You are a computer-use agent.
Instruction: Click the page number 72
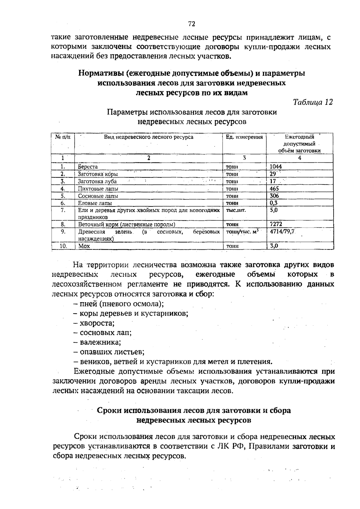click(x=192, y=24)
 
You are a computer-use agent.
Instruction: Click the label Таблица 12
click(x=313, y=102)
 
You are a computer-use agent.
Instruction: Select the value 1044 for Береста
click(x=276, y=167)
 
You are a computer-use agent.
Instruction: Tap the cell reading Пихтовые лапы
click(x=98, y=189)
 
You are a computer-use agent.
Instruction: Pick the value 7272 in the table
click(x=276, y=224)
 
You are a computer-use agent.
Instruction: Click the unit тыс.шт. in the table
click(x=236, y=210)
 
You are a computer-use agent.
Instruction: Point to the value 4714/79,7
click(x=283, y=232)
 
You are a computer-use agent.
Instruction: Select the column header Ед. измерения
click(x=244, y=137)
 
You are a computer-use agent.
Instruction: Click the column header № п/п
click(x=63, y=137)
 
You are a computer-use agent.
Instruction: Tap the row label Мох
click(x=84, y=246)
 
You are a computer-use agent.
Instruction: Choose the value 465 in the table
click(x=274, y=189)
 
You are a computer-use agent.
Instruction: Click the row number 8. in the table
click(x=63, y=224)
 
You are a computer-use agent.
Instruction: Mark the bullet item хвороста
click(x=97, y=323)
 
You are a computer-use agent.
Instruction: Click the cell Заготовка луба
click(x=97, y=182)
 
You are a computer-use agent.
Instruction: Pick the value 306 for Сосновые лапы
click(x=274, y=196)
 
